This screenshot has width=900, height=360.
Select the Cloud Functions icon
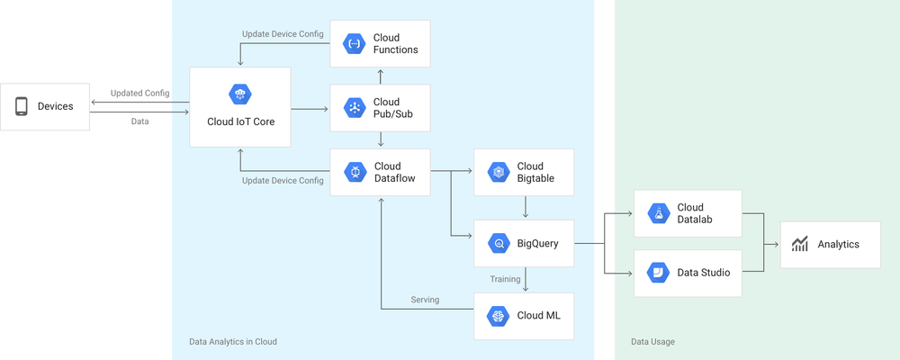tap(354, 43)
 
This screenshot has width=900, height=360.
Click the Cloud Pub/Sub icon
tap(354, 108)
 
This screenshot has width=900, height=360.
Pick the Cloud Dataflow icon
tap(354, 172)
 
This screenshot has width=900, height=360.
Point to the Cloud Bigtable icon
tap(498, 172)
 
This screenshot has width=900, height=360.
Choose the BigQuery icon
tap(498, 243)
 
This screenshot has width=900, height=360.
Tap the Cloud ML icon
tap(498, 316)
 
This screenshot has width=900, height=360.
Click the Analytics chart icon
tap(800, 244)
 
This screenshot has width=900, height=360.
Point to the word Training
tap(505, 279)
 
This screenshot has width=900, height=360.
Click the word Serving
tap(425, 300)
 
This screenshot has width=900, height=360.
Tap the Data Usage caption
tap(652, 342)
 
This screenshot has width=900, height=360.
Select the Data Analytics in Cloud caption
tap(232, 342)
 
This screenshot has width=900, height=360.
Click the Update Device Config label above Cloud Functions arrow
tap(283, 34)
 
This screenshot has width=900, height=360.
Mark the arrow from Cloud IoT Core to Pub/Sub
tap(310, 109)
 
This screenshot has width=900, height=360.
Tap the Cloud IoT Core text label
tap(240, 121)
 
